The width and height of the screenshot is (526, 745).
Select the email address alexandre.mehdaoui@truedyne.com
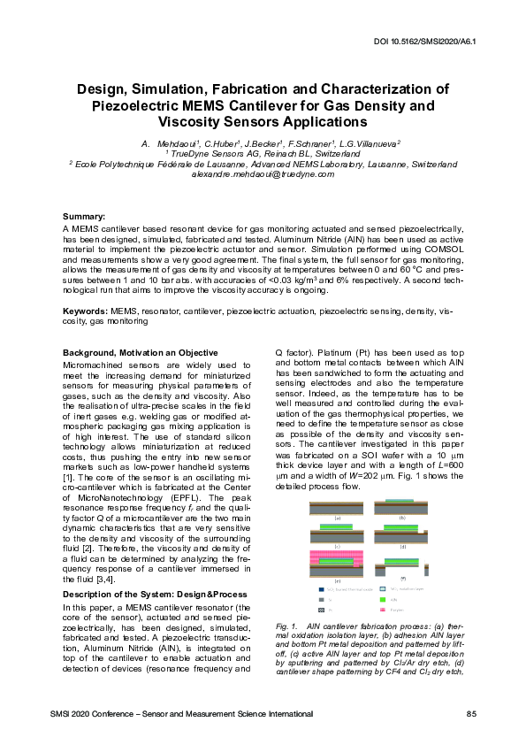click(263, 174)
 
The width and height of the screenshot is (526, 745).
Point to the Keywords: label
click(86, 312)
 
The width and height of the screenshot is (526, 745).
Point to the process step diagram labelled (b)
click(402, 507)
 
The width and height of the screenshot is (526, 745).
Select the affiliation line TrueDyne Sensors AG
click(263, 154)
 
